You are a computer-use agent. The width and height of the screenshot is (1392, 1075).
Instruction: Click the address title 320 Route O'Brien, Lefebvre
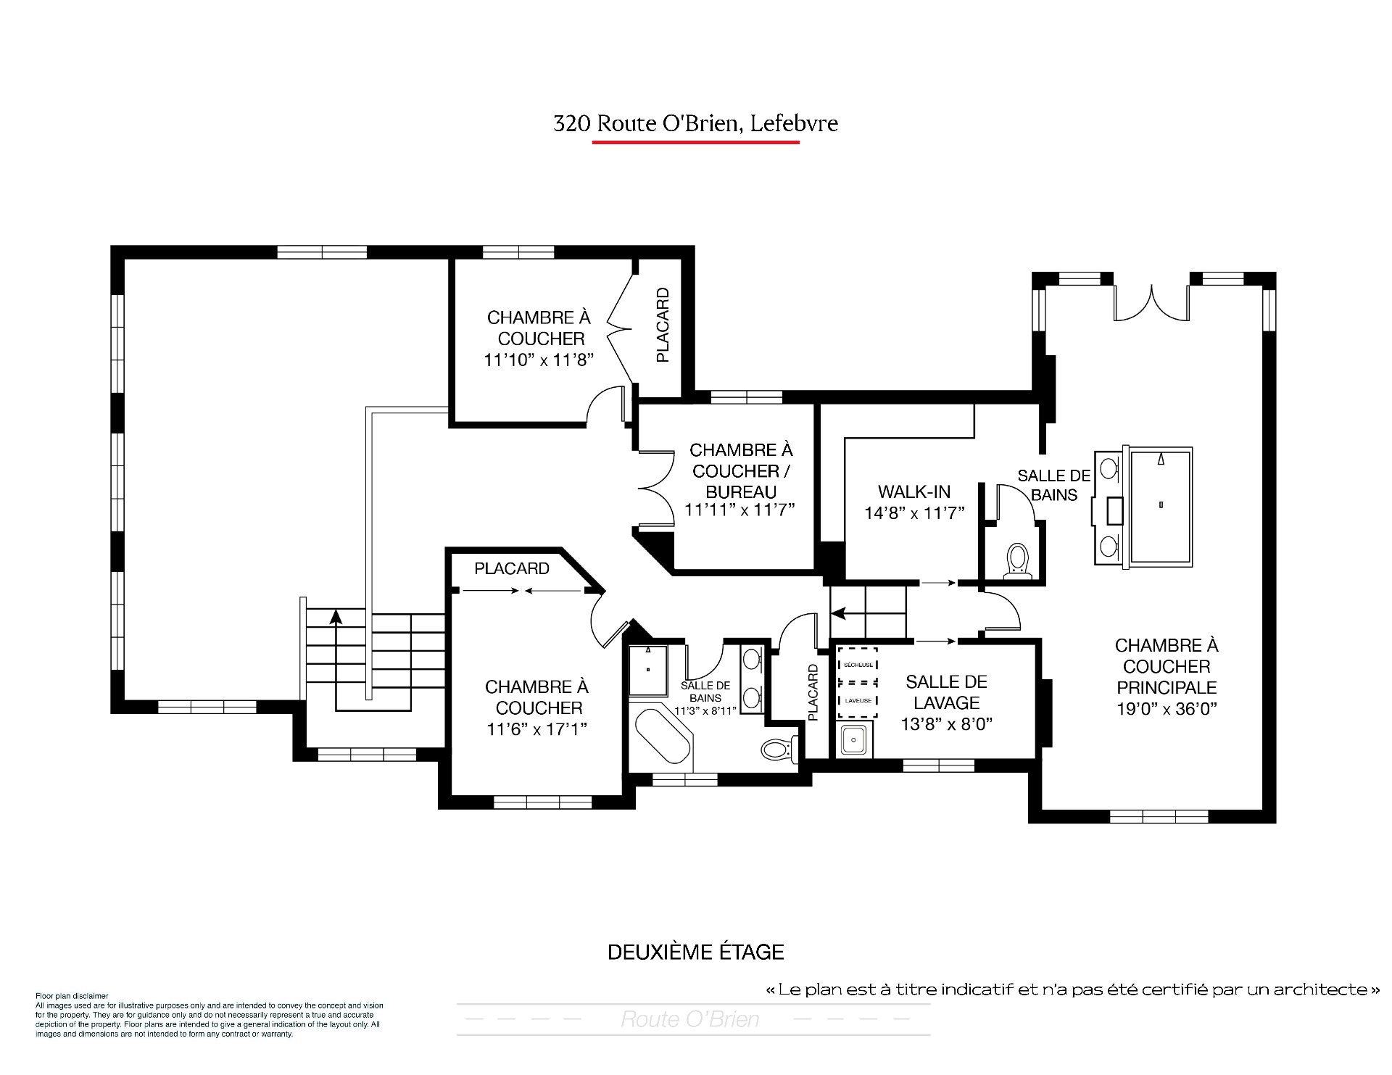[695, 123]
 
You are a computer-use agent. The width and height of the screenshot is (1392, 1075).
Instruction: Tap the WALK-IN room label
[913, 492]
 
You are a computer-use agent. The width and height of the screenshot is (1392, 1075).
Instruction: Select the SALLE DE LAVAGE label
[946, 692]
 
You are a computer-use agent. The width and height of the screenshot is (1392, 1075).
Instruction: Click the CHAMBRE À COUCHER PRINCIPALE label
[1167, 666]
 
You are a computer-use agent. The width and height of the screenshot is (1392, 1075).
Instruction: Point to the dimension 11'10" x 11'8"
[539, 360]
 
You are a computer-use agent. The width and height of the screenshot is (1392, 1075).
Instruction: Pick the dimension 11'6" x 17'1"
[536, 729]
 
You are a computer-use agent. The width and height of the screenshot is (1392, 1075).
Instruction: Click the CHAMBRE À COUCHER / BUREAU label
[740, 471]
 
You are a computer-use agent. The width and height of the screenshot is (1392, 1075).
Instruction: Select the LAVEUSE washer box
[858, 700]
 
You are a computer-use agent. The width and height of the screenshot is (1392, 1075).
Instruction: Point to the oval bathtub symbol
[663, 736]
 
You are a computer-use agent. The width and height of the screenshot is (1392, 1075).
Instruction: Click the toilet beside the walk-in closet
[1019, 561]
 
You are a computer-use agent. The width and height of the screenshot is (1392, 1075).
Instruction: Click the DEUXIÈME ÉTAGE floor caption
[695, 952]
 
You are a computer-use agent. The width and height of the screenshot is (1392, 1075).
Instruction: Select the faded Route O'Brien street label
[689, 1020]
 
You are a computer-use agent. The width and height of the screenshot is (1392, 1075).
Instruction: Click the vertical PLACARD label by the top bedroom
[662, 325]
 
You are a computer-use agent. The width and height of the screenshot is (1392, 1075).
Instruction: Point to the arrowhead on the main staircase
[335, 616]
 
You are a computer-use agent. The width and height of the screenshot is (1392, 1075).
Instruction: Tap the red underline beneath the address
[695, 142]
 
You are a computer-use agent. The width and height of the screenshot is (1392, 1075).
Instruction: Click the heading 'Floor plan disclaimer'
[72, 996]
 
